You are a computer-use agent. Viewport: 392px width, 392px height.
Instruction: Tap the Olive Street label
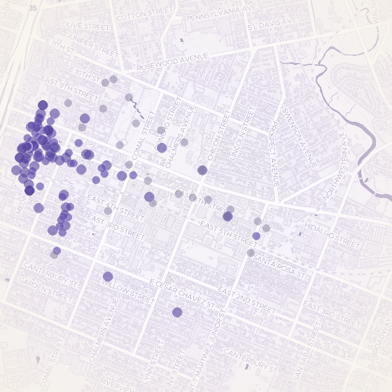click(x=85, y=25)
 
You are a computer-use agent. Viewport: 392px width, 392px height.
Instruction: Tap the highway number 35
click(x=33, y=8)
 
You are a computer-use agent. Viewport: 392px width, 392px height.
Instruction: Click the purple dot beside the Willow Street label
click(x=108, y=276)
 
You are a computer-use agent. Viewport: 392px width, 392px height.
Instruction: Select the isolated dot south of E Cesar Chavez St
click(x=177, y=312)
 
